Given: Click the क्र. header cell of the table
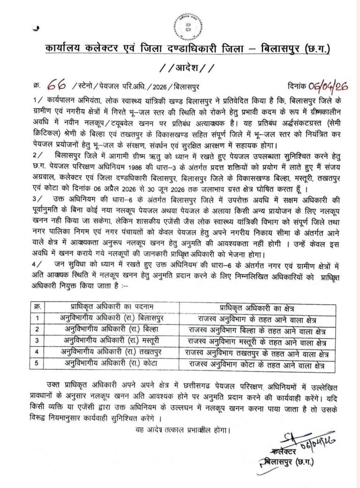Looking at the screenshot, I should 38,307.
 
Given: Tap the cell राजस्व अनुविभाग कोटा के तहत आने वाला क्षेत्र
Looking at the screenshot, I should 259,364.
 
